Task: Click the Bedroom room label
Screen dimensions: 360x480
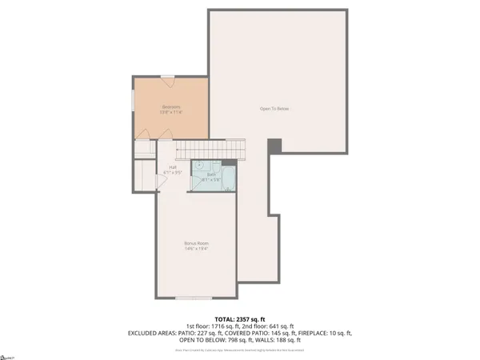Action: [x=170, y=106]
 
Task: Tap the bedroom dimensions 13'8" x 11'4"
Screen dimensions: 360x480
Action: [x=170, y=113]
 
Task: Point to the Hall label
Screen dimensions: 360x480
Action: [x=172, y=166]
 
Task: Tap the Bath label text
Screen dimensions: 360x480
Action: [x=211, y=174]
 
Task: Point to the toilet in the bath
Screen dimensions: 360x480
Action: [x=198, y=184]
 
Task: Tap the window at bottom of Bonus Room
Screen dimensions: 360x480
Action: [x=189, y=298]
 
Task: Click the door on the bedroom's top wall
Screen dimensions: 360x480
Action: [x=167, y=78]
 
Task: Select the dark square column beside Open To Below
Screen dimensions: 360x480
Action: [x=274, y=146]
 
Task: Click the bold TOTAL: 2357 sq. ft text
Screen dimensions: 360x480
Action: [x=239, y=318]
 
